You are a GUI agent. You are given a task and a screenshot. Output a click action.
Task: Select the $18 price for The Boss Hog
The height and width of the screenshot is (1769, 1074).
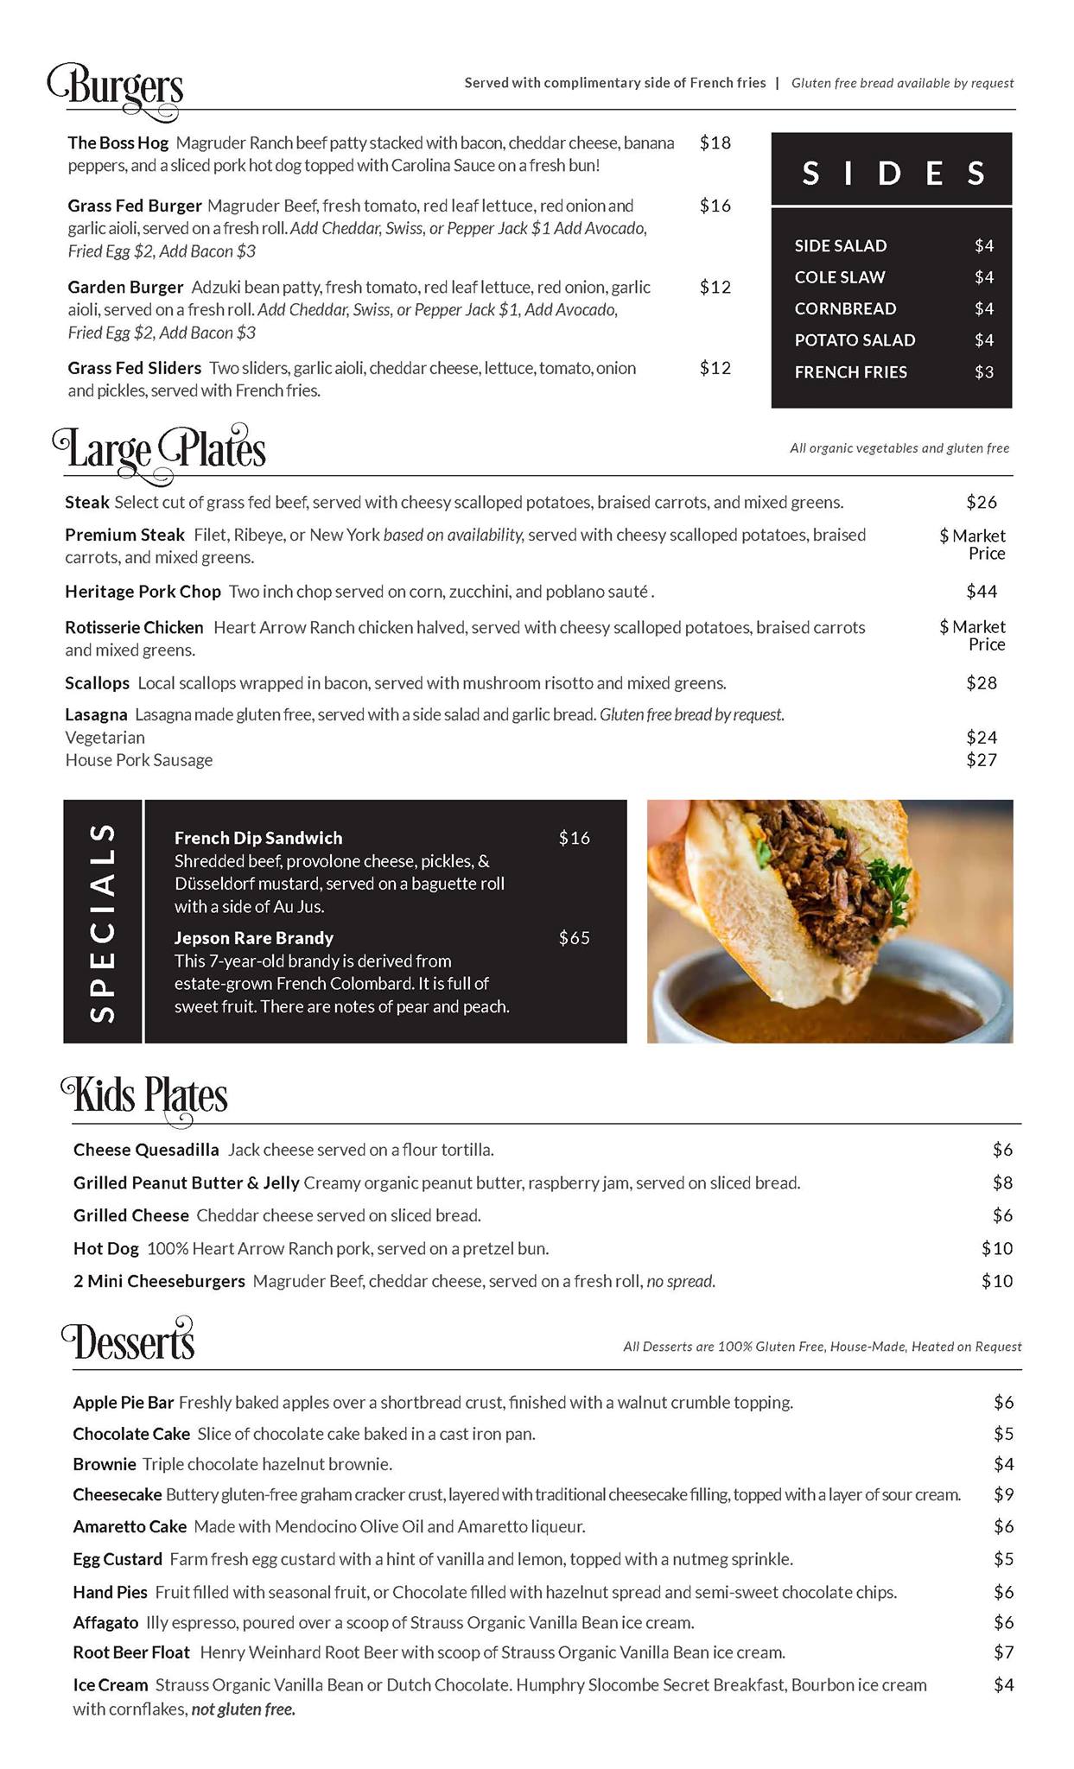715,143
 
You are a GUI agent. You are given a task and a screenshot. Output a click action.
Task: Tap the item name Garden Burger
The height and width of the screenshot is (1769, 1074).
125,288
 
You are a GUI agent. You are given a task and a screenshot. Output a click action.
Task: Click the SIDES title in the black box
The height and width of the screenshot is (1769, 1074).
892,174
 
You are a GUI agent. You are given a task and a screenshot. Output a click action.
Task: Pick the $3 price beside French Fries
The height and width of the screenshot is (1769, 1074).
983,372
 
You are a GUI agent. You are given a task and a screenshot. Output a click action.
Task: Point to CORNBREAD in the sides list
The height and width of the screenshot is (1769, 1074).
845,309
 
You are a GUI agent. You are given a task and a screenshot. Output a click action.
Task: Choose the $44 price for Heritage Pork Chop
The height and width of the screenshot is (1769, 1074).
981,592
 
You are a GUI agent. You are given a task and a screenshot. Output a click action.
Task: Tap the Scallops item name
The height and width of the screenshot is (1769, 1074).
97,683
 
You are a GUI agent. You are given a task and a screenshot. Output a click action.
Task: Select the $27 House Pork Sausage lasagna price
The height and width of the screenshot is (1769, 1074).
981,760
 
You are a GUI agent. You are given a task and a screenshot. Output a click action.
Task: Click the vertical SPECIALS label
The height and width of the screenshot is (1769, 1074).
103,922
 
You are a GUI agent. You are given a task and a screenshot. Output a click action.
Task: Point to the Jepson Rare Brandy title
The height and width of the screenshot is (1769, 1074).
253,938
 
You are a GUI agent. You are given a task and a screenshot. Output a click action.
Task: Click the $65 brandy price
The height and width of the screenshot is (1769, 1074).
574,938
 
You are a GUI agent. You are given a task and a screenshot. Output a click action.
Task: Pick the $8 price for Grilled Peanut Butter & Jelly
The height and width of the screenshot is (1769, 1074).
1001,1183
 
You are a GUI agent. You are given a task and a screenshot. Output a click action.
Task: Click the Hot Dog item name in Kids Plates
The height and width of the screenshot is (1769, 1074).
105,1249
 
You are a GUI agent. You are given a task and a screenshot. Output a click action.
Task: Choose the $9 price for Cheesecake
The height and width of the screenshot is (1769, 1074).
1003,1494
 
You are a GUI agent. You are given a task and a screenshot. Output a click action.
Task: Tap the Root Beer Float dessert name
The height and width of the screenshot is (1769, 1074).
130,1652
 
